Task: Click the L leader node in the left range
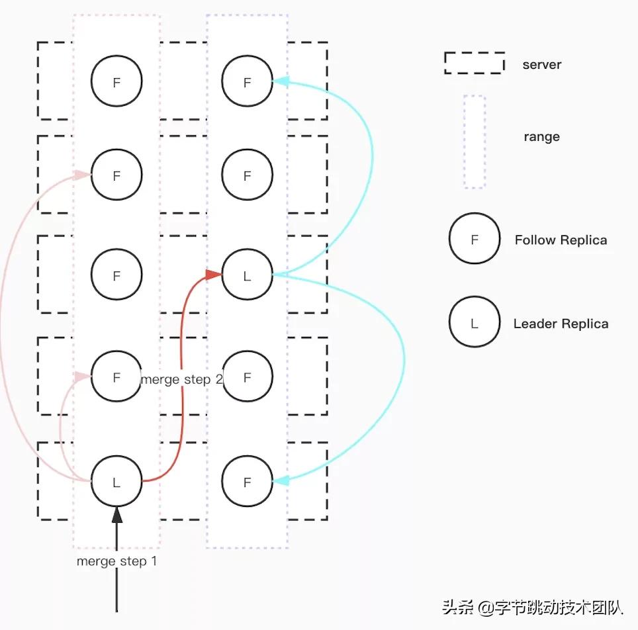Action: [116, 482]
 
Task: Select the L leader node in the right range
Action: [248, 276]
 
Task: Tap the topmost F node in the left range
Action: [116, 82]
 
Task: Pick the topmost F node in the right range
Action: [248, 82]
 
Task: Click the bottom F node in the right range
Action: [248, 482]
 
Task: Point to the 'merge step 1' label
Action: [116, 562]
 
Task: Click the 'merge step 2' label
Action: [181, 379]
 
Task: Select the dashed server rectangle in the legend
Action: [474, 63]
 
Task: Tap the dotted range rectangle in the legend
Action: [474, 142]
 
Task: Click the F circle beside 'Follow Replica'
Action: [474, 240]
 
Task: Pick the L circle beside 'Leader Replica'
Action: [474, 323]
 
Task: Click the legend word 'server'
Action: [541, 65]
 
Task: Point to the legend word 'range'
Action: [541, 137]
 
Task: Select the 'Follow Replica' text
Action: [561, 240]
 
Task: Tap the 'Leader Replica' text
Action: [561, 324]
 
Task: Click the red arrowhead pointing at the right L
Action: [213, 274]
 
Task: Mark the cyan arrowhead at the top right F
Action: [281, 81]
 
